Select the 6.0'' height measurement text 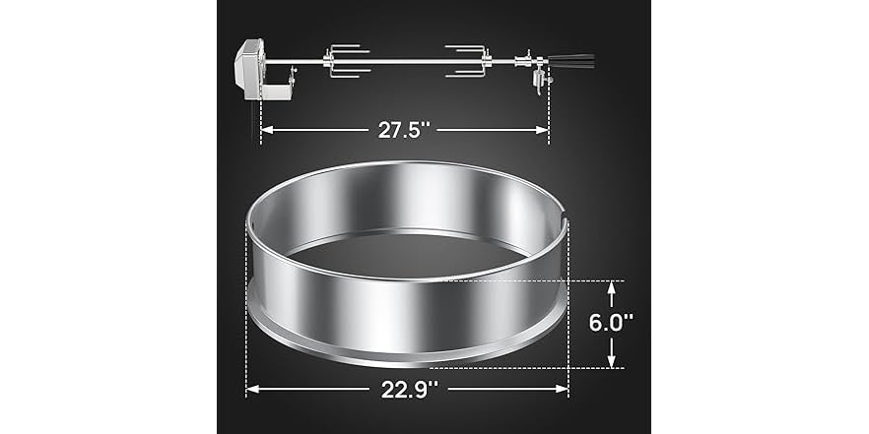point(611,324)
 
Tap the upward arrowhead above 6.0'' point(611,288)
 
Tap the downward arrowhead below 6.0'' point(611,361)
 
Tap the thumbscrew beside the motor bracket point(292,75)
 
